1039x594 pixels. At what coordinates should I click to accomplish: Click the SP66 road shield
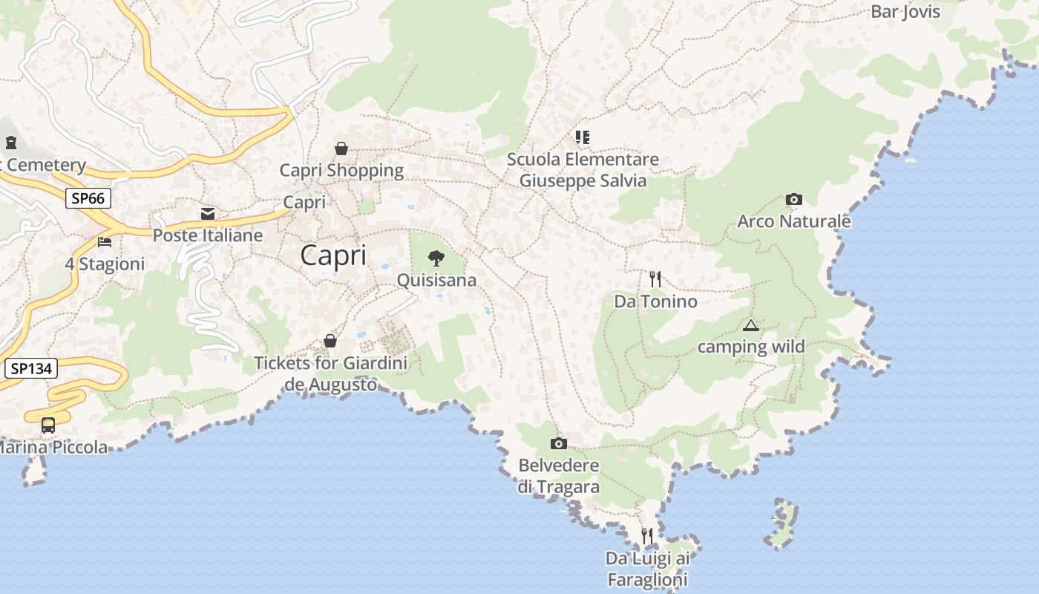click(88, 198)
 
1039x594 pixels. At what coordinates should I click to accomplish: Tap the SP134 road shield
click(30, 368)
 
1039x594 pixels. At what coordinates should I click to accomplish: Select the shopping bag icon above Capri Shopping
click(341, 148)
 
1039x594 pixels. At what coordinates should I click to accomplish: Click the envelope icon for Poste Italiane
click(208, 214)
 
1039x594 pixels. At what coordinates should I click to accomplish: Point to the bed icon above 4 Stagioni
click(105, 242)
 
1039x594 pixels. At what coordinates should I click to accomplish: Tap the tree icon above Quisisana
click(436, 258)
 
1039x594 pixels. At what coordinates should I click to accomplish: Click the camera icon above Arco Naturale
click(794, 199)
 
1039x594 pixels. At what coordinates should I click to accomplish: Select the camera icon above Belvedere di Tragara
click(559, 443)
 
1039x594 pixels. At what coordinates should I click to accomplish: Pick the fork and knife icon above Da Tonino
click(655, 279)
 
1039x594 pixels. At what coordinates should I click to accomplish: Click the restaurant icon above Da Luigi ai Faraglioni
click(647, 535)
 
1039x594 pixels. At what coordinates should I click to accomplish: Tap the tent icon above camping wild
click(751, 325)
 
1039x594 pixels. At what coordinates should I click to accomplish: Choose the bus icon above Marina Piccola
click(48, 425)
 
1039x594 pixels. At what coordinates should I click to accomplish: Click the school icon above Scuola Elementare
click(583, 137)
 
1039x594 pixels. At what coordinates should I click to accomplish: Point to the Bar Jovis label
click(905, 12)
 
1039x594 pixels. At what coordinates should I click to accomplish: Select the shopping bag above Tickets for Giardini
click(330, 342)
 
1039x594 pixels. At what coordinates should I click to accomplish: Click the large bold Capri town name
click(333, 255)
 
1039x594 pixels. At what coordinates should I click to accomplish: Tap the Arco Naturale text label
click(794, 221)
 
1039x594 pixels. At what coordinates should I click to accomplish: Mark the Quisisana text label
click(436, 281)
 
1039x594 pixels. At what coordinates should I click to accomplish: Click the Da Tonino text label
click(655, 301)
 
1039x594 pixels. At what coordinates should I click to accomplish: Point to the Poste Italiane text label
click(208, 235)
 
